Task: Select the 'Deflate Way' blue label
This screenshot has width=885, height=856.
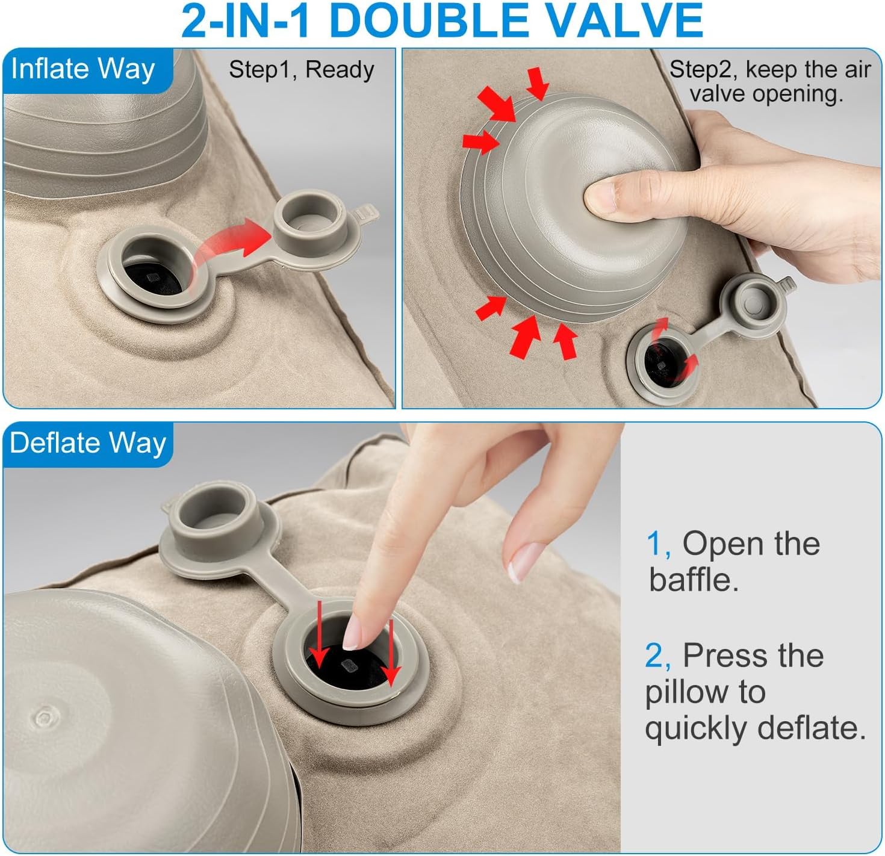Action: click(88, 444)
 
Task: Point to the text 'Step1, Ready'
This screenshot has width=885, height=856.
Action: click(302, 70)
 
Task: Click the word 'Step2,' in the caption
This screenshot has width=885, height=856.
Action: click(704, 70)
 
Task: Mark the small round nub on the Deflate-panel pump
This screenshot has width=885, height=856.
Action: click(45, 718)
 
